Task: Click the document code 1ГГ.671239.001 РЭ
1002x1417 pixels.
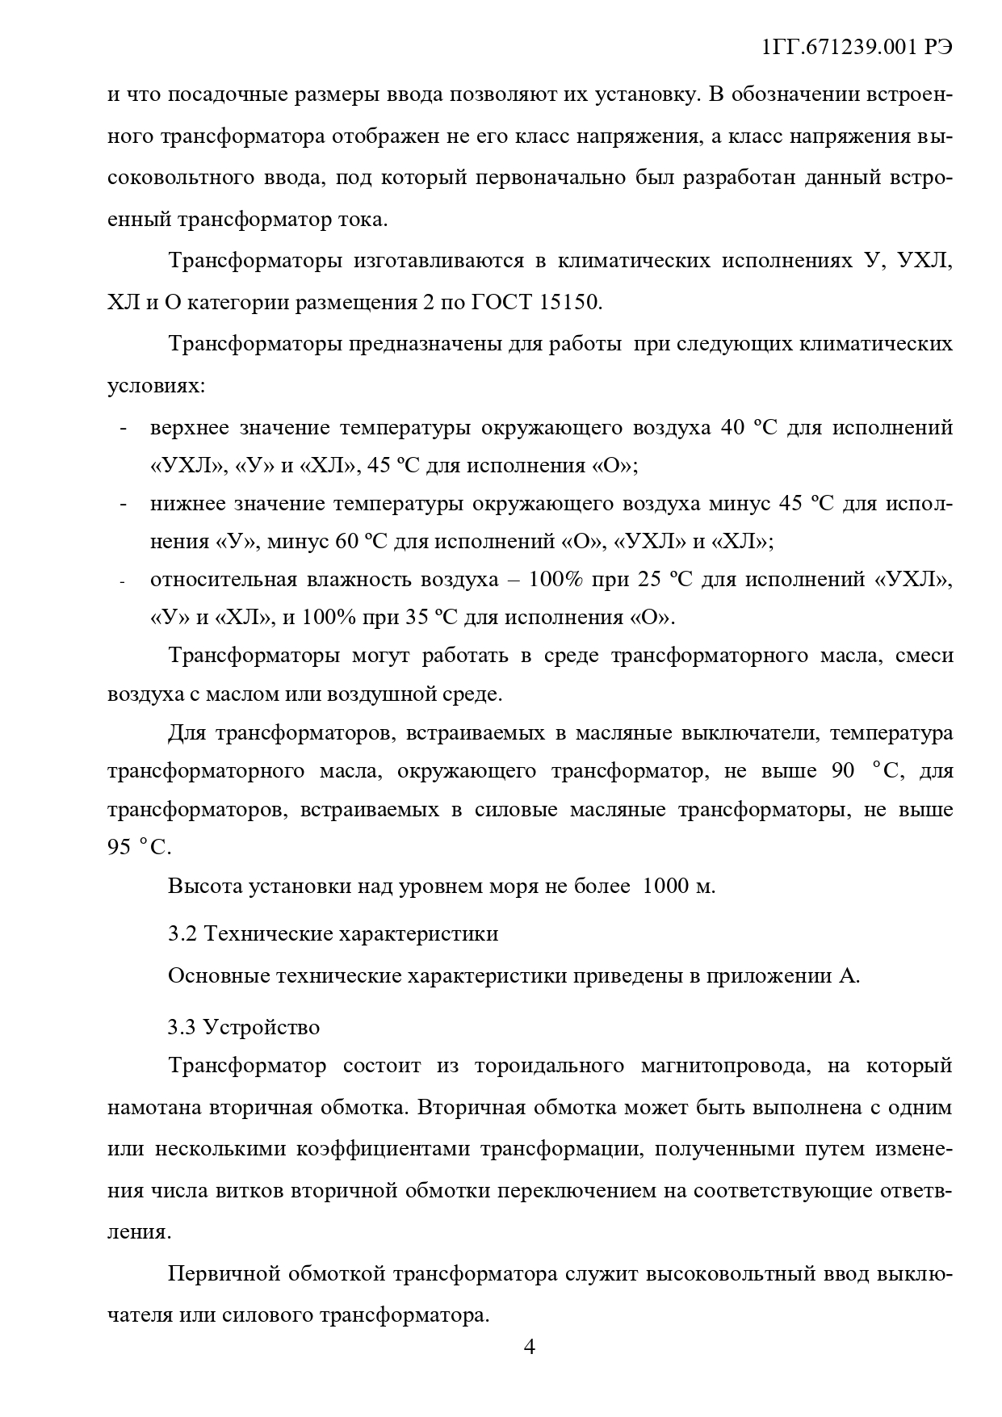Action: (857, 48)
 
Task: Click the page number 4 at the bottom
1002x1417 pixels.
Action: (530, 1347)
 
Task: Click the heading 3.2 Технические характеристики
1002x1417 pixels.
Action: (333, 933)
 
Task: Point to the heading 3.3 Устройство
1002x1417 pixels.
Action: (244, 1027)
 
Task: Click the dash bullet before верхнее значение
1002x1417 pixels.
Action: (123, 428)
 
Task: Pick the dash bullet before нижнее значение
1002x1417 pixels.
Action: (123, 505)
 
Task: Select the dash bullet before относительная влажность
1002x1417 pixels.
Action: (123, 581)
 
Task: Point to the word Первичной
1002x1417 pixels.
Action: (218, 1275)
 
